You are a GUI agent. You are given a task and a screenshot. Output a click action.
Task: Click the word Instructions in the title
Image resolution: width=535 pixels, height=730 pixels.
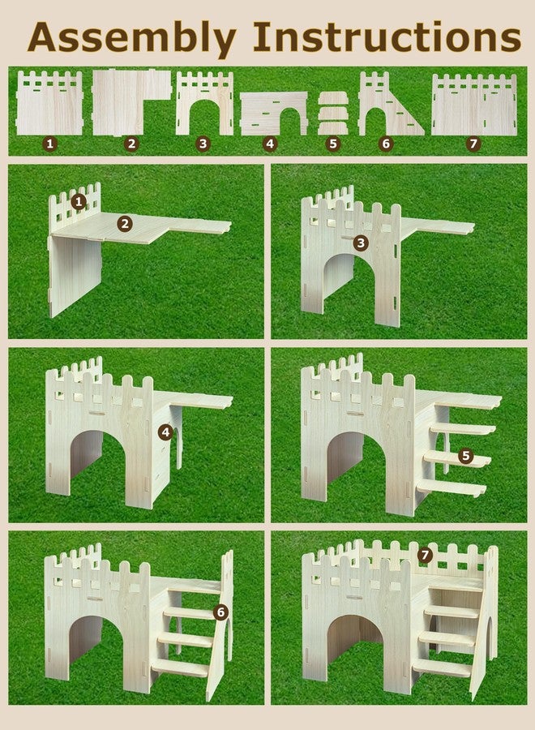pyautogui.click(x=387, y=36)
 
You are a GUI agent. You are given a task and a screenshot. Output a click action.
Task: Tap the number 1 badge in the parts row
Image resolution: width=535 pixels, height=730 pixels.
pyautogui.click(x=49, y=144)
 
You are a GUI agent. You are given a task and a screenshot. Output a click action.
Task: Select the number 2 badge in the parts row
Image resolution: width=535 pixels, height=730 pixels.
pyautogui.click(x=131, y=144)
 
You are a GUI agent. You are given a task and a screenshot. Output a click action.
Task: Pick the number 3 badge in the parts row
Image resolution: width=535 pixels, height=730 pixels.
pyautogui.click(x=203, y=144)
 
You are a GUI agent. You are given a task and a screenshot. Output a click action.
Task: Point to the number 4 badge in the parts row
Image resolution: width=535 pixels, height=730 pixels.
pyautogui.click(x=270, y=144)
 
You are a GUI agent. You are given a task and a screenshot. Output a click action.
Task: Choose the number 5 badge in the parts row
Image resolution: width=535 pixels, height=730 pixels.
pyautogui.click(x=332, y=144)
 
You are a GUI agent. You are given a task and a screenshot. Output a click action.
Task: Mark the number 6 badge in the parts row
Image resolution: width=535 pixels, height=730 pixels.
pyautogui.click(x=386, y=144)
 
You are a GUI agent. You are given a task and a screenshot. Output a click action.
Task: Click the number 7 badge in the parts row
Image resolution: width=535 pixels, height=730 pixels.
pyautogui.click(x=473, y=144)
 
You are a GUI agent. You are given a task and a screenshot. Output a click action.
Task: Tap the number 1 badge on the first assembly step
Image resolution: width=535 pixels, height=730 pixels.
pyautogui.click(x=79, y=202)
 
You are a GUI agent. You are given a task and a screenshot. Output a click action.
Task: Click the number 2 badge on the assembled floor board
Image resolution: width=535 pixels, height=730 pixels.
pyautogui.click(x=124, y=225)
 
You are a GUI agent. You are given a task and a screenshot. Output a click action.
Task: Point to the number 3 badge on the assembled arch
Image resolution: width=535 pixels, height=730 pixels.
pyautogui.click(x=361, y=243)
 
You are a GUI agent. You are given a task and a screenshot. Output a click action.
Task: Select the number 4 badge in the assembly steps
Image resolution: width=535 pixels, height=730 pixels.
pyautogui.click(x=165, y=432)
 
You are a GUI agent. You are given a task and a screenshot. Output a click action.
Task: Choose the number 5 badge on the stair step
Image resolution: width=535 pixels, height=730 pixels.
pyautogui.click(x=465, y=456)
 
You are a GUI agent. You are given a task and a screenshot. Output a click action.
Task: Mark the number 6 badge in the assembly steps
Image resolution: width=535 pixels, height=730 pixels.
pyautogui.click(x=221, y=612)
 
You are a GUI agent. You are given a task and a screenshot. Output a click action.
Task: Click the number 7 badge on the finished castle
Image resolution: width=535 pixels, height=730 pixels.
pyautogui.click(x=425, y=555)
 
